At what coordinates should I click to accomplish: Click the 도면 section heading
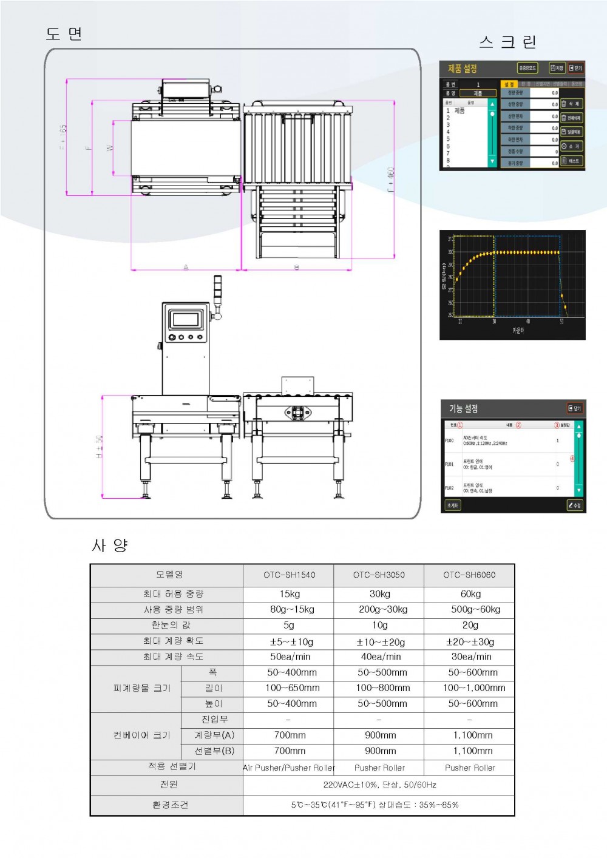coord(64,34)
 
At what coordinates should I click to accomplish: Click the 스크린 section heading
coord(507,42)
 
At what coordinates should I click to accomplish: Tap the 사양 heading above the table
coord(110,545)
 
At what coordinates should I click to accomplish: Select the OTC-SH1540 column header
coord(289,575)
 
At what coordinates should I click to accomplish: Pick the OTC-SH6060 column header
coord(469,575)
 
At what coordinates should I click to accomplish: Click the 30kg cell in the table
coord(379,594)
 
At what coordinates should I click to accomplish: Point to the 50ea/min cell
coord(290,657)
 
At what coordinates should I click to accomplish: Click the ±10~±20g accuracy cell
coord(380,641)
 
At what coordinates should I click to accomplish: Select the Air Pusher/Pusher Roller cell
coord(289,768)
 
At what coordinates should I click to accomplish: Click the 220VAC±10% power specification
coord(379,785)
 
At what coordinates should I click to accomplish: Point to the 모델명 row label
coord(169,574)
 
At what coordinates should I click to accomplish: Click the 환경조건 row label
coord(170,805)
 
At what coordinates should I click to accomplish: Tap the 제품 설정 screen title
coord(463,69)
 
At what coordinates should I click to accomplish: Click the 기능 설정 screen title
coord(463,408)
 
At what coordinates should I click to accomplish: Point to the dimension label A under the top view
coord(186,267)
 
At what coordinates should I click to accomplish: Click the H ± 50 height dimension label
coord(98,446)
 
